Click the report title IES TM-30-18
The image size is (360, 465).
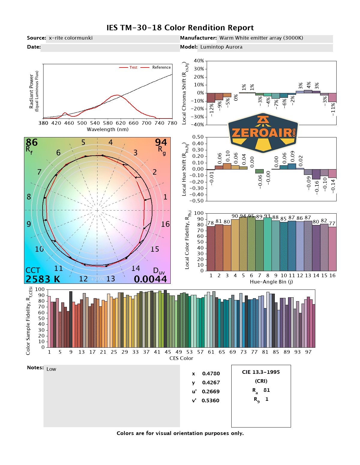(x=180, y=28)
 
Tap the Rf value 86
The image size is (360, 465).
(x=32, y=142)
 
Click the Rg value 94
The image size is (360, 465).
(x=161, y=142)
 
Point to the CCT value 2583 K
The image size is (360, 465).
(x=43, y=279)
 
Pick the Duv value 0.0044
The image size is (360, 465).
(x=150, y=279)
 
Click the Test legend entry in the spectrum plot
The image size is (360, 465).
(x=133, y=67)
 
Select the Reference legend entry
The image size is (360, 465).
(x=161, y=67)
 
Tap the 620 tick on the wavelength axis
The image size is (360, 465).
(x=121, y=123)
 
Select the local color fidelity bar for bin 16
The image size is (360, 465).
(x=332, y=249)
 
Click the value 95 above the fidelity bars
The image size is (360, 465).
(x=251, y=216)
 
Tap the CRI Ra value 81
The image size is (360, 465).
(x=267, y=390)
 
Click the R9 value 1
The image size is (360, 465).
(x=267, y=399)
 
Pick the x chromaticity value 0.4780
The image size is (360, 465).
(x=211, y=373)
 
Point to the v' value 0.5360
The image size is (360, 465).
(x=210, y=400)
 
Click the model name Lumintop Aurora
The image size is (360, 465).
(x=221, y=47)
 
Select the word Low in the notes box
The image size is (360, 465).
(x=51, y=369)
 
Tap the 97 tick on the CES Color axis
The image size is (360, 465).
(x=308, y=352)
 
